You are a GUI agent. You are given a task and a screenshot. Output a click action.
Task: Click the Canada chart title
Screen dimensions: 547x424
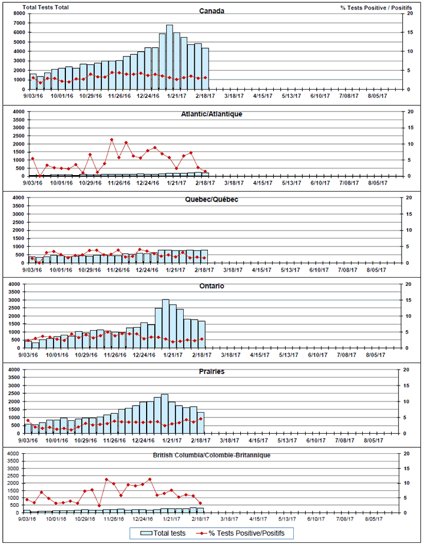pyautogui.click(x=211, y=11)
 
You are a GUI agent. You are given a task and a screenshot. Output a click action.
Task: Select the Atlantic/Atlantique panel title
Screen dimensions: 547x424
pyautogui.click(x=212, y=114)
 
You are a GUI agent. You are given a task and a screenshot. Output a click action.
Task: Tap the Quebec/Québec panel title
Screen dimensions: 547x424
pyautogui.click(x=212, y=199)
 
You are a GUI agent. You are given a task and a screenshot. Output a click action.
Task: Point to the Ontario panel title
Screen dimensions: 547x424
pyautogui.click(x=211, y=286)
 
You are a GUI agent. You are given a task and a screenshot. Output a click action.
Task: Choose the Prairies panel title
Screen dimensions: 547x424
pyautogui.click(x=211, y=371)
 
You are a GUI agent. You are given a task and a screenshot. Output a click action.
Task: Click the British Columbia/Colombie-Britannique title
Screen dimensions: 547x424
pyautogui.click(x=211, y=455)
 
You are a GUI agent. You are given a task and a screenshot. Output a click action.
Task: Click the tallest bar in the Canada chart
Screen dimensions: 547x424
pyautogui.click(x=170, y=57)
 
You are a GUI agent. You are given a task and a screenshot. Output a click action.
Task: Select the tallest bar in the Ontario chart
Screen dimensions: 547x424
pyautogui.click(x=165, y=324)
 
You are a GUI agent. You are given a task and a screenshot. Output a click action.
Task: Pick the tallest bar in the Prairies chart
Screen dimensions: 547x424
pyautogui.click(x=164, y=413)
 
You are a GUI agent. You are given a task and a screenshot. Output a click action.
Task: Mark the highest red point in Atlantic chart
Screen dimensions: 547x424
pyautogui.click(x=112, y=140)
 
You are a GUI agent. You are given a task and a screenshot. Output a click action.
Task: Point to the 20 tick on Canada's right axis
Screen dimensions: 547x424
pyautogui.click(x=402, y=14)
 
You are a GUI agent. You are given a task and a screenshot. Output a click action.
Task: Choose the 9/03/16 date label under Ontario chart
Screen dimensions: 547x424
pyautogui.click(x=31, y=355)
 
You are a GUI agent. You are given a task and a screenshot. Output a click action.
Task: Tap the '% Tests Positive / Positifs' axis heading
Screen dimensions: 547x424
pyautogui.click(x=376, y=6)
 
